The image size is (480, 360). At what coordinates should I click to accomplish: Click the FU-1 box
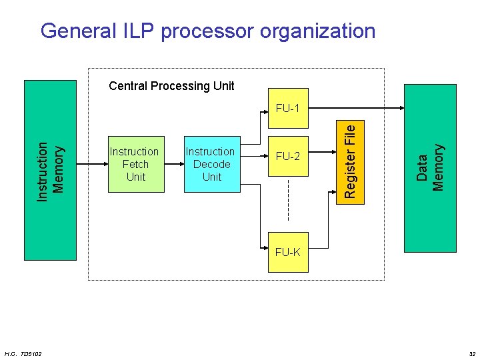click(288, 108)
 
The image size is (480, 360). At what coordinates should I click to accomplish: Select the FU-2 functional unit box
click(288, 156)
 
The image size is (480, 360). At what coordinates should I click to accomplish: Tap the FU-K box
click(288, 252)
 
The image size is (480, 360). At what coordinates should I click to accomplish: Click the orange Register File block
click(350, 162)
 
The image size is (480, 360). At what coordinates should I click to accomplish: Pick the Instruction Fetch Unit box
click(136, 164)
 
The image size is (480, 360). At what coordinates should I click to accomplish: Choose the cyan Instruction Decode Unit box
click(212, 164)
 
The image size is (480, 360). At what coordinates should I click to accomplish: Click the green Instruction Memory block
click(50, 170)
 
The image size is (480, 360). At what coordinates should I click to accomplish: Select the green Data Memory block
click(430, 168)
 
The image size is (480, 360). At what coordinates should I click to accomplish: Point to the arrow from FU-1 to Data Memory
click(356, 108)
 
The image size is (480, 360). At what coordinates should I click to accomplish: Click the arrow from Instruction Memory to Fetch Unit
click(92, 164)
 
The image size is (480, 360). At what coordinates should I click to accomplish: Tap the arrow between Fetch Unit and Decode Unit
click(174, 164)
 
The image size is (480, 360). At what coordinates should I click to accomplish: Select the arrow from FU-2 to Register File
click(323, 152)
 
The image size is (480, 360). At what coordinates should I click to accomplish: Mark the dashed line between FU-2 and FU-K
click(288, 200)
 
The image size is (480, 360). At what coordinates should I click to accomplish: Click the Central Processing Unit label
click(171, 86)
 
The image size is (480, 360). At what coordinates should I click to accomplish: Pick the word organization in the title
click(317, 31)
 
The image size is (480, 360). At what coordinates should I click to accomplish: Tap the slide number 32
click(473, 354)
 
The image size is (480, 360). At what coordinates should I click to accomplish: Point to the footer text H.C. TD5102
click(23, 354)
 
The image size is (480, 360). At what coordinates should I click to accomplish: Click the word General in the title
click(79, 31)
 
